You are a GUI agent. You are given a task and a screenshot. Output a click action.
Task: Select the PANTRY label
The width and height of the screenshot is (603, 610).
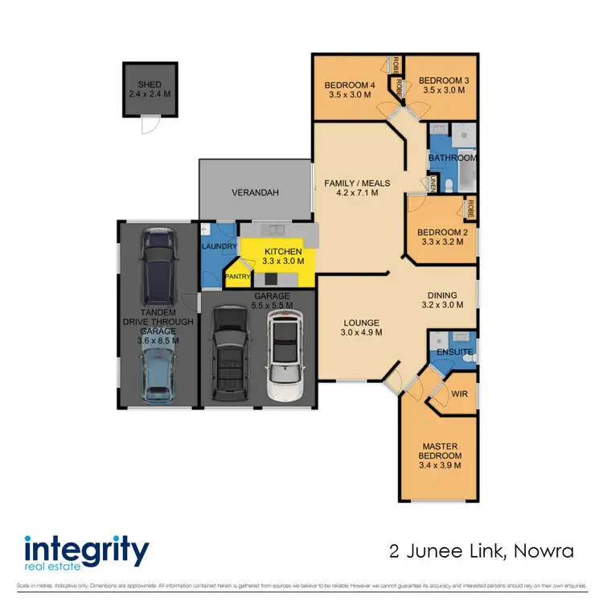(238, 277)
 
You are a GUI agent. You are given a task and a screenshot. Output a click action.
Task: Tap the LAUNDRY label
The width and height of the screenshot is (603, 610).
(218, 246)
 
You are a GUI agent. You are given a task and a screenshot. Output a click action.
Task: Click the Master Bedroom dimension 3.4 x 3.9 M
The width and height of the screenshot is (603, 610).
(441, 464)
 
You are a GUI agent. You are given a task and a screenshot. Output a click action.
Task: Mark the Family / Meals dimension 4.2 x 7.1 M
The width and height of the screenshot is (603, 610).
(351, 193)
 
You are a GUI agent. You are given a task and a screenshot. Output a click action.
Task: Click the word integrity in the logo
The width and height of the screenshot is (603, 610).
(87, 551)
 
